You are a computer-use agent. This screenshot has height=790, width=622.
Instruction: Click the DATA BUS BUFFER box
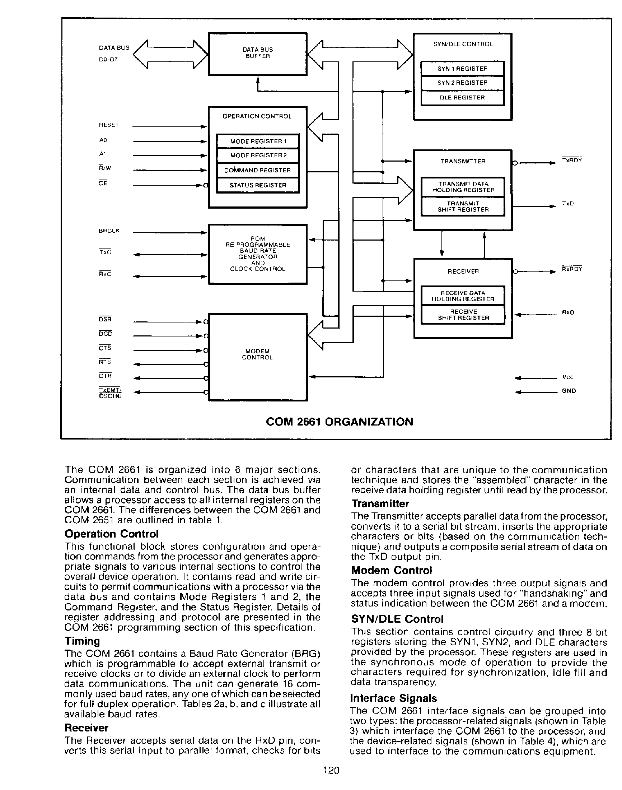click(x=257, y=54)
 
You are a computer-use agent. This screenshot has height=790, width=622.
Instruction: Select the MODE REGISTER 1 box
click(x=257, y=141)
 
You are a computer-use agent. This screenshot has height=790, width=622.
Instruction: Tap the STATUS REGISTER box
click(x=257, y=185)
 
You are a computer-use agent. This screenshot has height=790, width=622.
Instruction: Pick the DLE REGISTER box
click(x=462, y=98)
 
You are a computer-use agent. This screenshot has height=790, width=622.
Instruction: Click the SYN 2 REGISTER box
click(x=462, y=83)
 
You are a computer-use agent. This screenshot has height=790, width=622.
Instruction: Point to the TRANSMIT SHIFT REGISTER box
click(x=463, y=206)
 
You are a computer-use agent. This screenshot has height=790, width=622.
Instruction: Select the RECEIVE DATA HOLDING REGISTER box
click(x=463, y=296)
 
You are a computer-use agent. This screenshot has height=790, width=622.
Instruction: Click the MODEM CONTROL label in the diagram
click(x=257, y=354)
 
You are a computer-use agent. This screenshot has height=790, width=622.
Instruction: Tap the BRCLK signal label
click(x=109, y=231)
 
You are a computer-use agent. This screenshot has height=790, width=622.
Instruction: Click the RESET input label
click(x=109, y=125)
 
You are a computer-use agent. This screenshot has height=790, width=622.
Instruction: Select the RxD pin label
click(x=568, y=312)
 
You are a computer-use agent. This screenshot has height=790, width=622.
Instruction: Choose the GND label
click(x=569, y=391)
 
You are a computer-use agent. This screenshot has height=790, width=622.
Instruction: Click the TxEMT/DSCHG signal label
click(x=110, y=393)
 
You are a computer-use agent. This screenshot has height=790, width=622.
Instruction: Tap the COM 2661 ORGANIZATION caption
click(x=340, y=422)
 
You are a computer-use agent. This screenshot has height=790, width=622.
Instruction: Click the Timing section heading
click(x=82, y=641)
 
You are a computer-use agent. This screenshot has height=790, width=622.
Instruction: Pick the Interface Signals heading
click(x=393, y=698)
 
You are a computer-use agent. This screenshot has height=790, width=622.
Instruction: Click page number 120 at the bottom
click(x=331, y=770)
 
